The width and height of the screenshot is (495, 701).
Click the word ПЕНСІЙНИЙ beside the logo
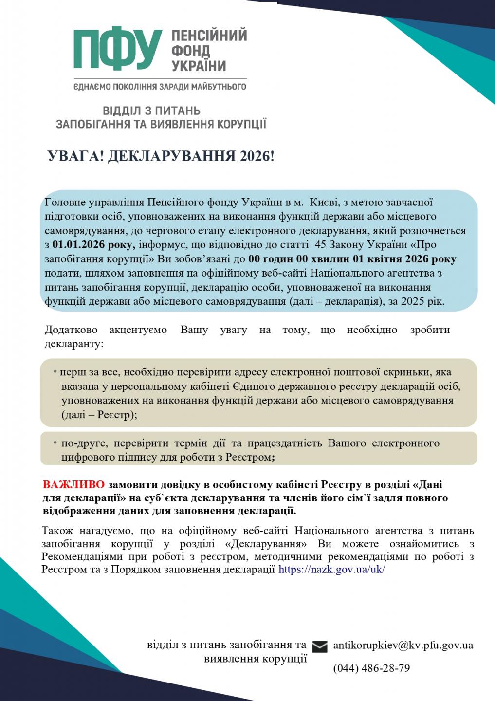[209, 36]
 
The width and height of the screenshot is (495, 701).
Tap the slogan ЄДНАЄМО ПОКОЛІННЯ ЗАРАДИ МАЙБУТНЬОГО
[160, 87]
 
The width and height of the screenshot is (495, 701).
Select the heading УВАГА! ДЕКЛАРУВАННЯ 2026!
[161, 156]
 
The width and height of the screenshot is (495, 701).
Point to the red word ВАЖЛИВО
[73, 485]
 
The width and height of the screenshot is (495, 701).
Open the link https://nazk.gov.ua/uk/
[331, 569]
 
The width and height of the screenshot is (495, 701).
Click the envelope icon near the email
[319, 646]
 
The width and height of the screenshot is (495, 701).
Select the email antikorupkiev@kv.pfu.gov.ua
[403, 645]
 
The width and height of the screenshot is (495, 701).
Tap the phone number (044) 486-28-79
[371, 668]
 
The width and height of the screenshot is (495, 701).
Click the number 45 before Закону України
[321, 244]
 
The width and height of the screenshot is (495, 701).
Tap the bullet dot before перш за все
[55, 372]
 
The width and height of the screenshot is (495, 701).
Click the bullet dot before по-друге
[55, 443]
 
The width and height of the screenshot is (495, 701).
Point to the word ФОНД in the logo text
[190, 51]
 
